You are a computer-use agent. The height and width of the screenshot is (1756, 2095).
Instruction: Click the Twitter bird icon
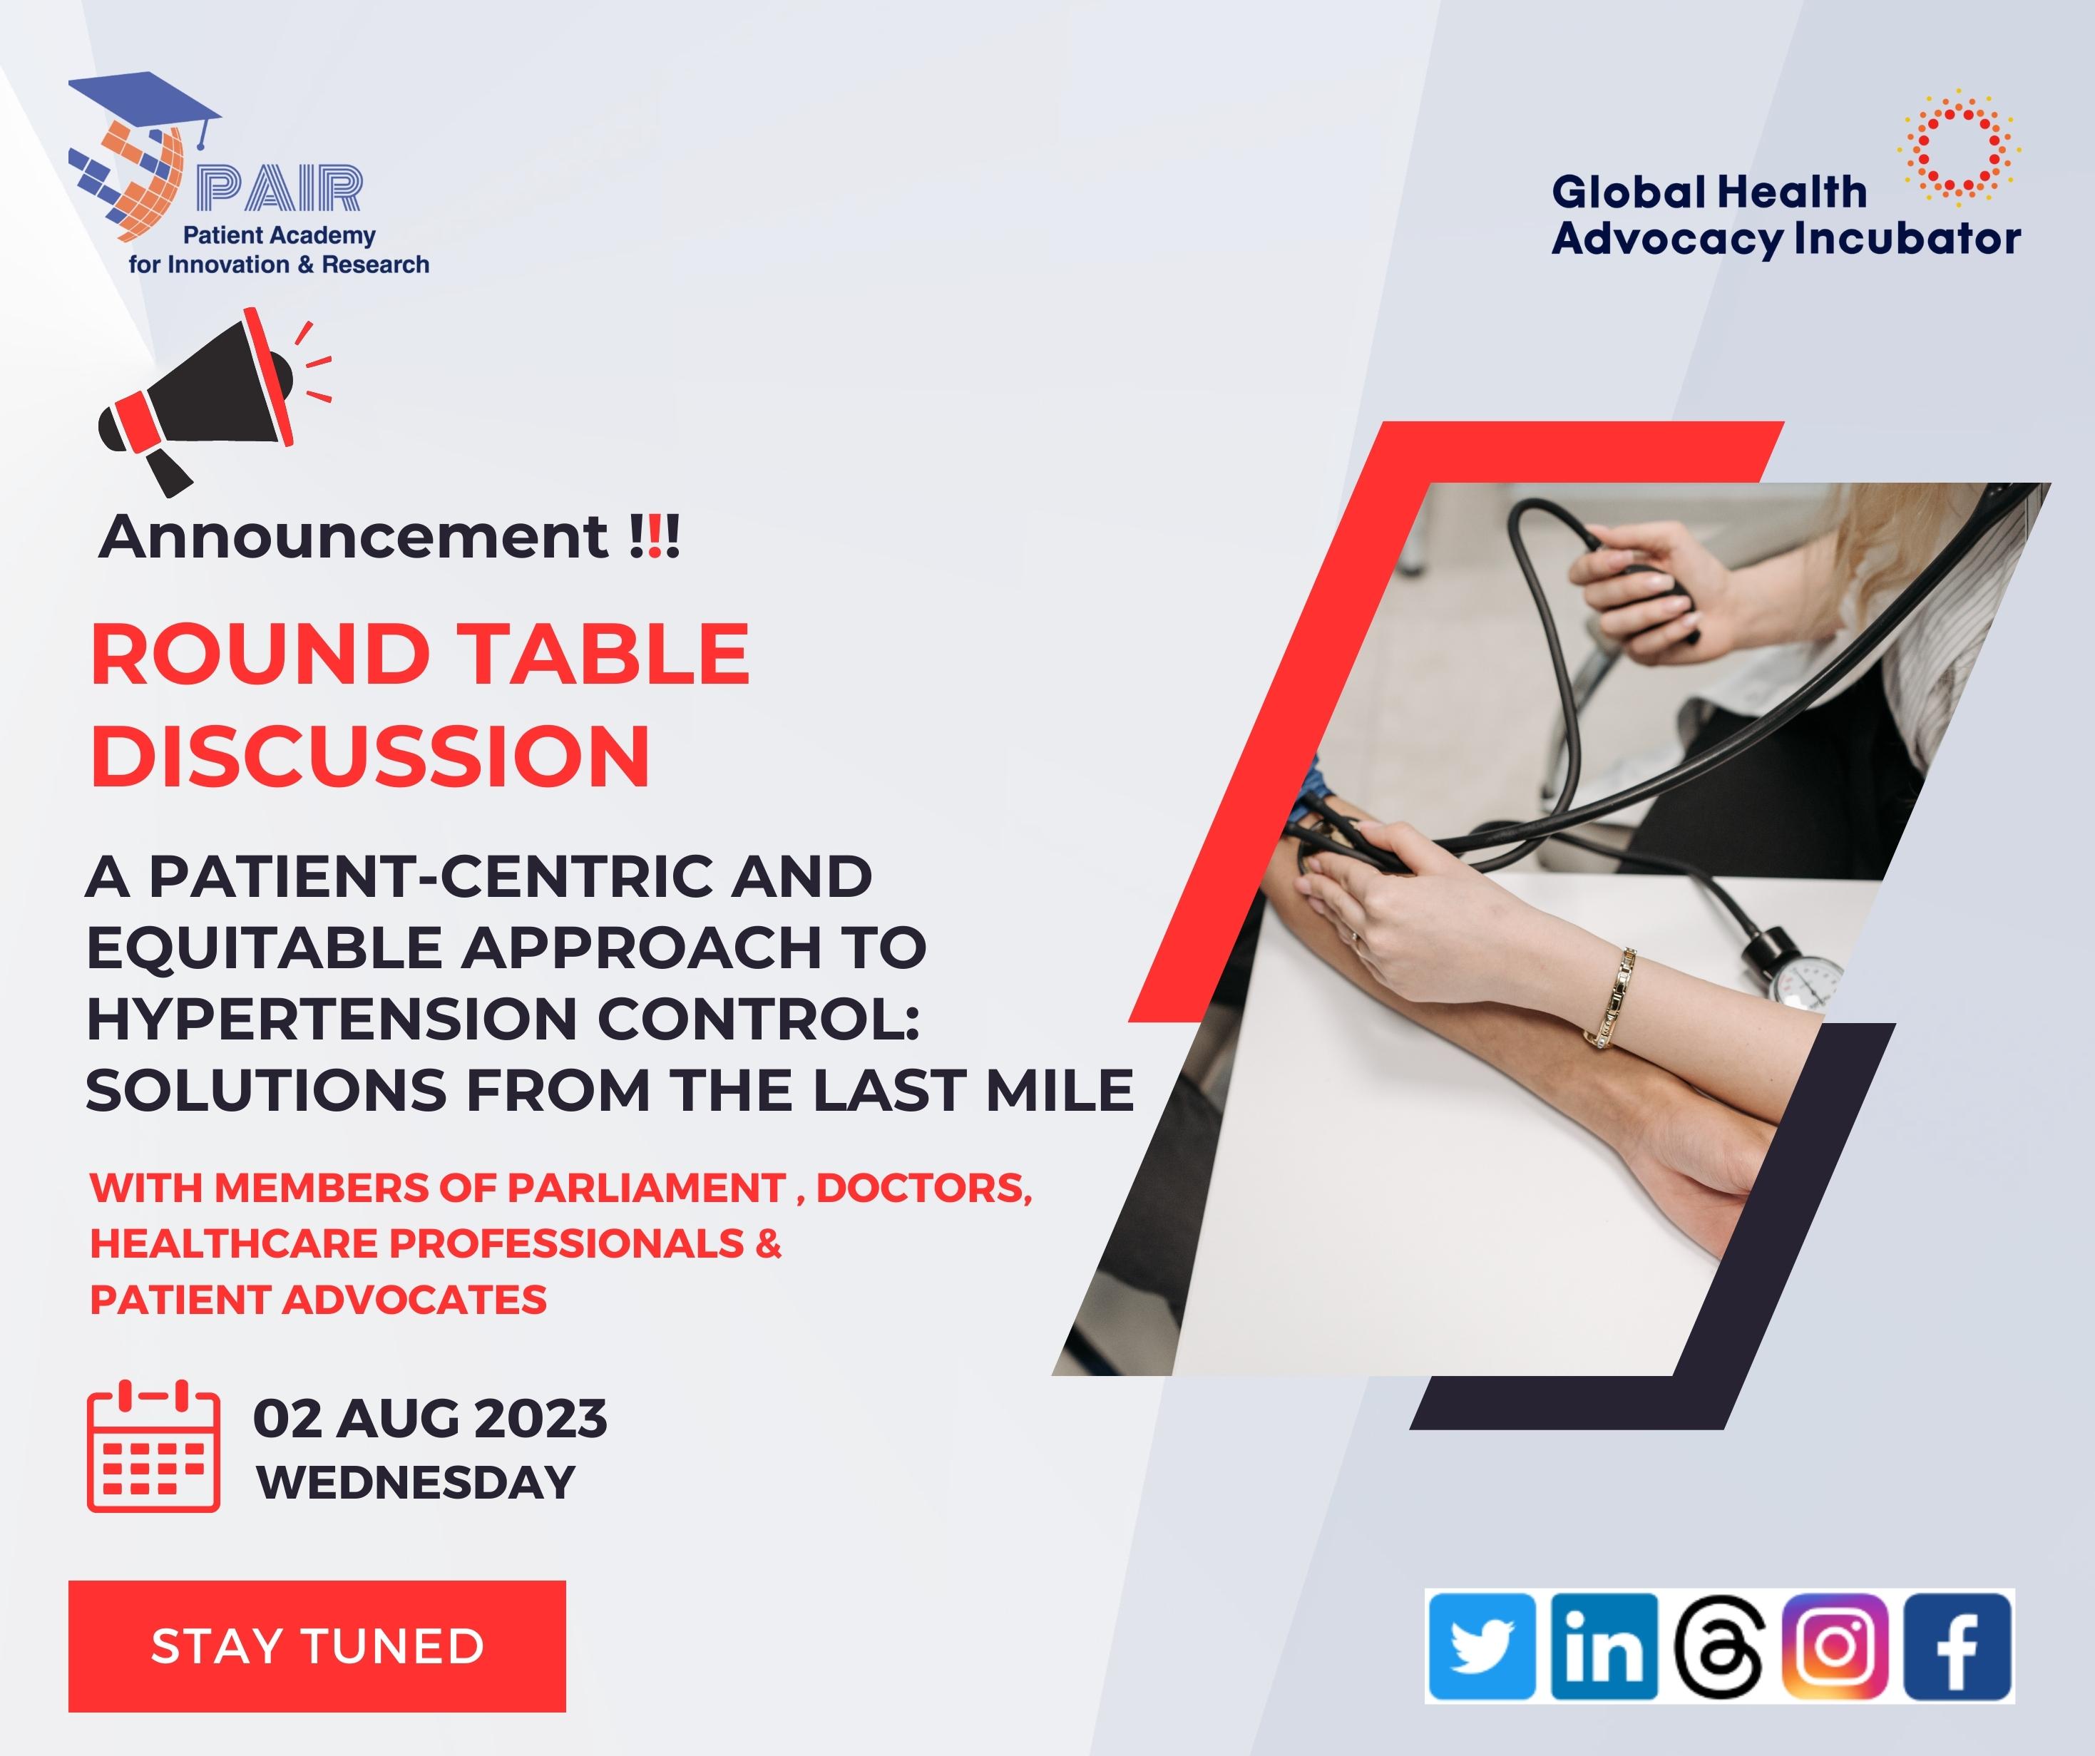[1482, 1646]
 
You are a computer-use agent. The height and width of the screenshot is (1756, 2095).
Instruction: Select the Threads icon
[1720, 1646]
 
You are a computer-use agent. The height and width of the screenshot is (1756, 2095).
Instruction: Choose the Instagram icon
[1835, 1646]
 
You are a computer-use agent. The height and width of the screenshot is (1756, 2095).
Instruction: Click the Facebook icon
[1957, 1646]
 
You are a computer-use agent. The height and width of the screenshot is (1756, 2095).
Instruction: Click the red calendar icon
[153, 1446]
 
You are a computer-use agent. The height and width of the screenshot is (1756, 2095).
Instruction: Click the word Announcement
[353, 537]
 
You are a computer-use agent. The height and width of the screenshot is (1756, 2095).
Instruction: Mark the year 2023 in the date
[540, 1419]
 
